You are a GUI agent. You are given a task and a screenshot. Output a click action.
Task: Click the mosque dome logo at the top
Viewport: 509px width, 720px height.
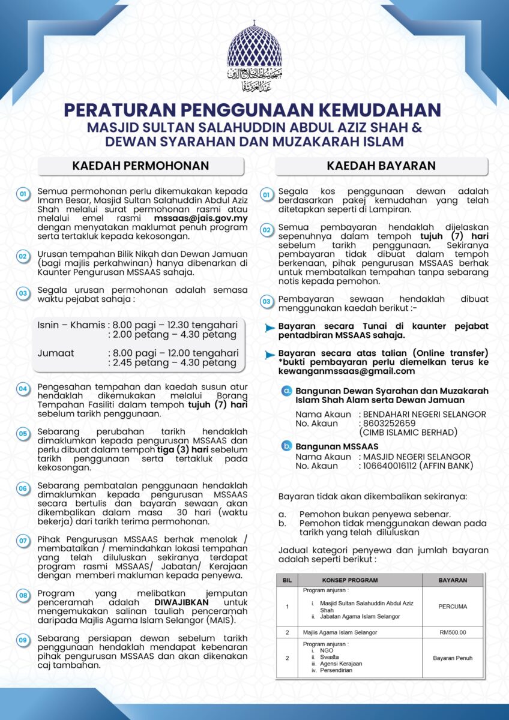tap(254, 54)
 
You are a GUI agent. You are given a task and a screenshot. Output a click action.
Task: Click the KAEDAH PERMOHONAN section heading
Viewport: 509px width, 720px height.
tap(140, 166)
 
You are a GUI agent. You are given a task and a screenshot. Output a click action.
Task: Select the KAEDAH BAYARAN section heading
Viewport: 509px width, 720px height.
tap(381, 166)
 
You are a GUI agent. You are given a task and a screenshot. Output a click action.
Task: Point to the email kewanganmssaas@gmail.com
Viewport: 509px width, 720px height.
tap(338, 371)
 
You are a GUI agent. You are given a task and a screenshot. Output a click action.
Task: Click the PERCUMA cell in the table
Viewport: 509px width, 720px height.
tap(452, 606)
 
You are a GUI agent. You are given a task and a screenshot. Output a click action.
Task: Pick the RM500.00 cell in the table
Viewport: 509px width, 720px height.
tap(452, 632)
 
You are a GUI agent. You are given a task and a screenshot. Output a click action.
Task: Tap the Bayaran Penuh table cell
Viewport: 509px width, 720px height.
tap(452, 658)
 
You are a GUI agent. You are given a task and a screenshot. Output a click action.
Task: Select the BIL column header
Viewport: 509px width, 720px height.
tap(287, 580)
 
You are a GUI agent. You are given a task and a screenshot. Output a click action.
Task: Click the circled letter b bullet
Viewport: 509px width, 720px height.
tap(287, 446)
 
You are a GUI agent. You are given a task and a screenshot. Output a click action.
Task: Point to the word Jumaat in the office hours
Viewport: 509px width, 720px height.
tap(56, 353)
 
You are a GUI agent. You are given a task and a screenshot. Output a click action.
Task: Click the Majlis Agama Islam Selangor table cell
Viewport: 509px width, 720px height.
tap(340, 632)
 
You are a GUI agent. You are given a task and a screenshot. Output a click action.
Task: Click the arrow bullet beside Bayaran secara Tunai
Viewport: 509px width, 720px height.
tap(270, 328)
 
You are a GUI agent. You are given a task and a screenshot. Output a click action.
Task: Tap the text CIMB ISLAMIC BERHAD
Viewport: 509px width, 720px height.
tap(408, 432)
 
